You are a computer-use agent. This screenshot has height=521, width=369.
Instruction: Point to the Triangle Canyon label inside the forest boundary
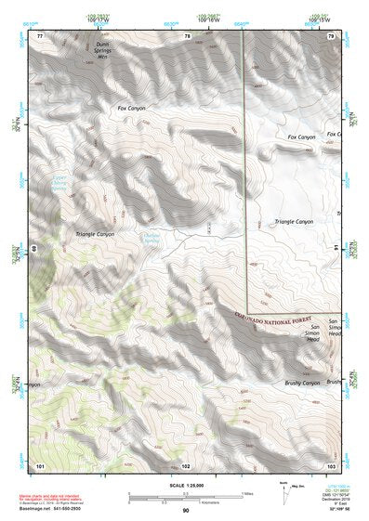click(x=295, y=222)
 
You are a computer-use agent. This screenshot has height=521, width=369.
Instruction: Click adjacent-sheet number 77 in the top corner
click(x=40, y=36)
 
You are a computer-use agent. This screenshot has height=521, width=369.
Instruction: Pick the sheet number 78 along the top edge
click(x=187, y=36)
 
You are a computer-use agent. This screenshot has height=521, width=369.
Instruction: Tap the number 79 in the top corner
click(x=331, y=36)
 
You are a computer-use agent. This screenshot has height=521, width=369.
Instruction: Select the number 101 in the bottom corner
click(x=40, y=463)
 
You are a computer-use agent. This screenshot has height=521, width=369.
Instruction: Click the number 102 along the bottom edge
click(x=186, y=463)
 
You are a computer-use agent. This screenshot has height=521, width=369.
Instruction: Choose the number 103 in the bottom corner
click(x=330, y=463)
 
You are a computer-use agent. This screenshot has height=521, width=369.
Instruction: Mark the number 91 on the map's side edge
click(x=337, y=249)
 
